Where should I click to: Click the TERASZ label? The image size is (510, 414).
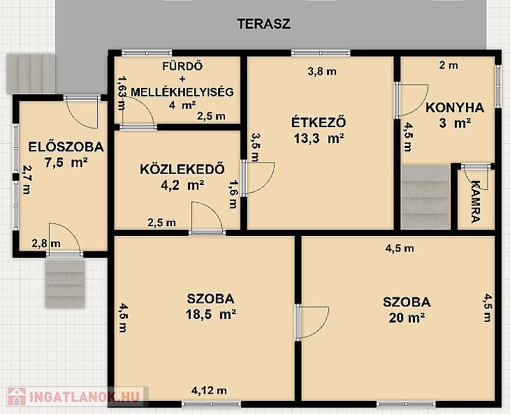click(x=264, y=24)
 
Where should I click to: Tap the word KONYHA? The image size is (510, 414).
click(x=455, y=108)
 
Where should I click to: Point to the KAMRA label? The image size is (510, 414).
click(x=475, y=202)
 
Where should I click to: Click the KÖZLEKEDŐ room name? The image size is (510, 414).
click(x=182, y=169)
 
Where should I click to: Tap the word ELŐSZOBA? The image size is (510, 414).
click(x=66, y=147)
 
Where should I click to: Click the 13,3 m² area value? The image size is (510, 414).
click(x=319, y=139)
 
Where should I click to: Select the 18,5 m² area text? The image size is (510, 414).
click(x=211, y=314)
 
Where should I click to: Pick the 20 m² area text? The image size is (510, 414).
click(x=407, y=318)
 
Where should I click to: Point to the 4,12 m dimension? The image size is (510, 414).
click(x=209, y=390)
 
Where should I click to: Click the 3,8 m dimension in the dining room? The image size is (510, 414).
click(x=322, y=71)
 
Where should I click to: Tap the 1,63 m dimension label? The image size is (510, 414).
click(x=122, y=93)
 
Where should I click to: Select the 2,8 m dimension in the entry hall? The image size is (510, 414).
click(x=46, y=244)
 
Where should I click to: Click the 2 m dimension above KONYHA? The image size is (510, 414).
click(x=449, y=66)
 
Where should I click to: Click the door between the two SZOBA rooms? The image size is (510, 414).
click(x=312, y=323)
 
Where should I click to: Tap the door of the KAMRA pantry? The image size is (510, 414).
click(x=475, y=177)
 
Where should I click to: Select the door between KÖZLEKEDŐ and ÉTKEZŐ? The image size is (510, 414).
click(x=258, y=178)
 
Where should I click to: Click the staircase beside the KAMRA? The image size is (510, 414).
click(x=425, y=197)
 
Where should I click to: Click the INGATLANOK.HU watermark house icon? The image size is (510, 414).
click(x=16, y=397)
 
